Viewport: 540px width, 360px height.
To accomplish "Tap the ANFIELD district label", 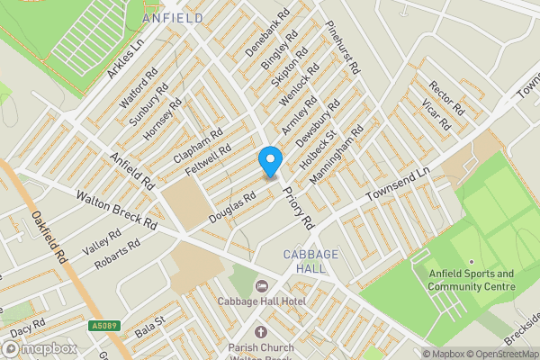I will (172, 17).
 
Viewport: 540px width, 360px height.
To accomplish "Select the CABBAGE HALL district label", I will (310, 262).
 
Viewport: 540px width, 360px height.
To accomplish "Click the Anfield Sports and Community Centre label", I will (471, 280).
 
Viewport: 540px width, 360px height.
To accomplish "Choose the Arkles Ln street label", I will (126, 58).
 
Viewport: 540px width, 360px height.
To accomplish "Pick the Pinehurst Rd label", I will (343, 48).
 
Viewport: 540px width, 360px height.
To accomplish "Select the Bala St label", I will (149, 321).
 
